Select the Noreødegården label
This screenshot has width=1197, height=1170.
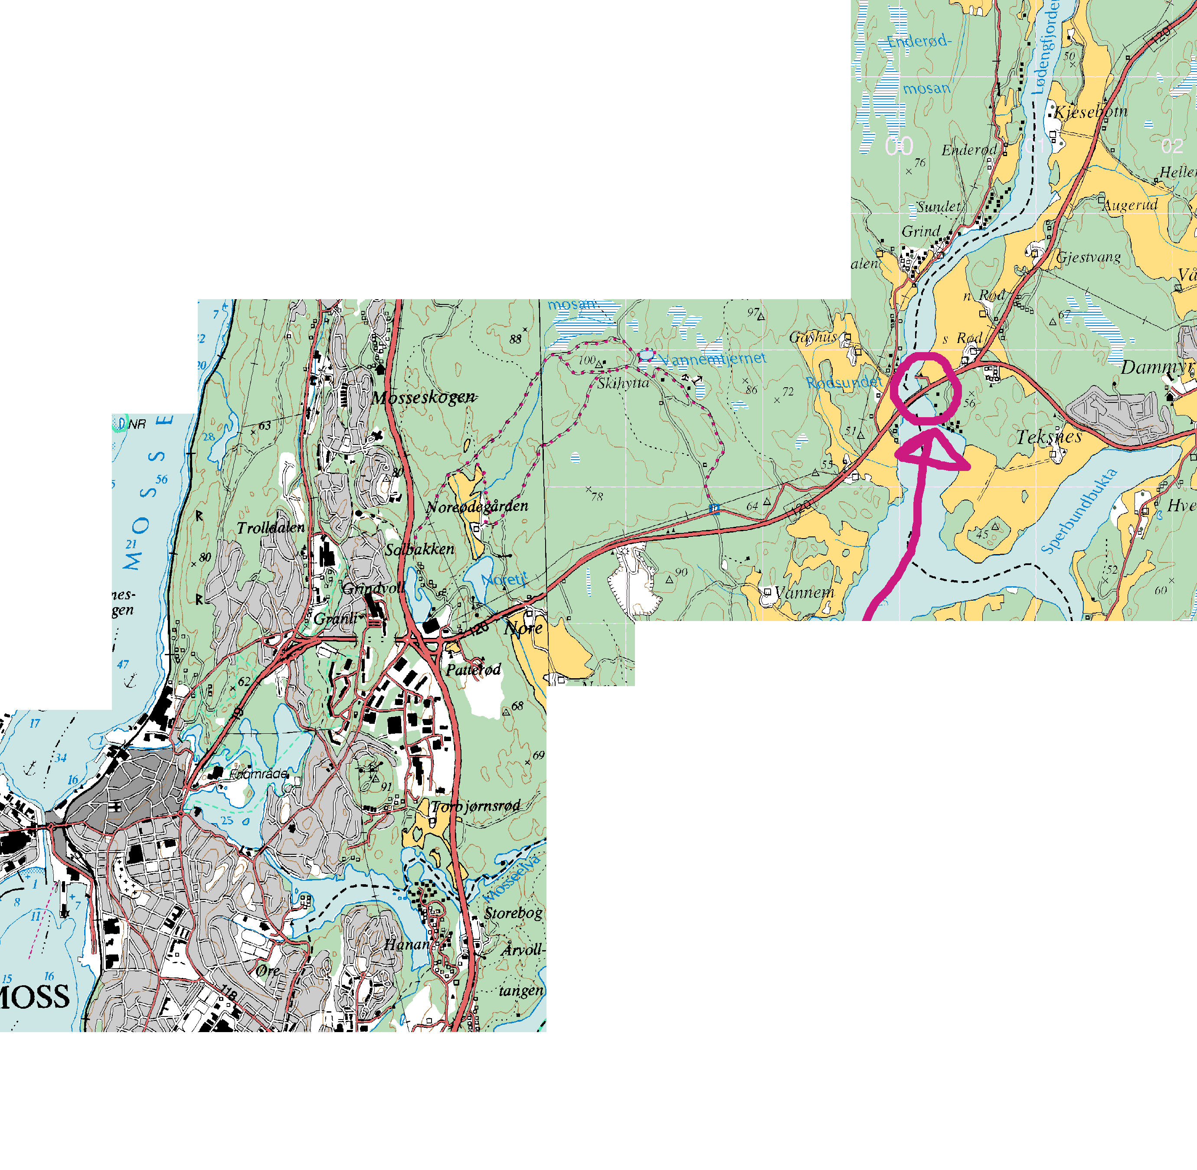477,507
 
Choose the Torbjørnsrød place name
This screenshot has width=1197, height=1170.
476,806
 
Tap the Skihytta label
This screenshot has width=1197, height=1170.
623,383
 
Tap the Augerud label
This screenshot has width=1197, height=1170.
1131,205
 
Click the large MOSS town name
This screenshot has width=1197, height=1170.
34,997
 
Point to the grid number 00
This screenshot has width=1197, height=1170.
899,146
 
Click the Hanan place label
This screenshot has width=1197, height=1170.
407,944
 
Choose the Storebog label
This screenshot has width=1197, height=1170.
513,913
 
